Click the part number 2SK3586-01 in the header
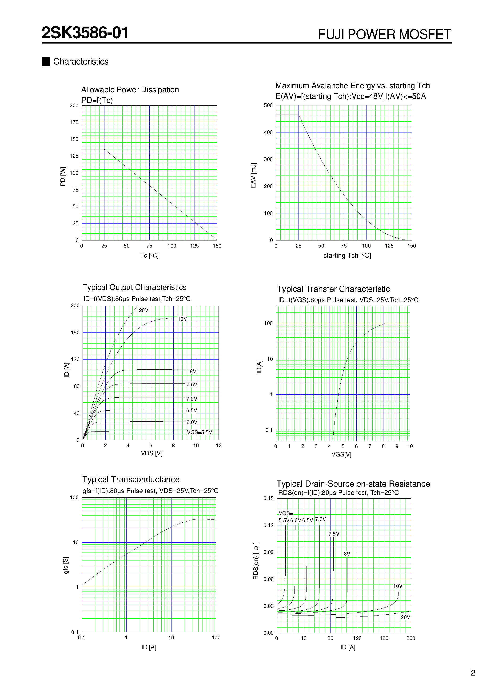tap(85, 33)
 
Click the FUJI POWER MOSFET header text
tap(384, 34)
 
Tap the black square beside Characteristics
tap(46, 61)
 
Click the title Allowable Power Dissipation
tap(130, 90)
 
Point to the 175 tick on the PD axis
tap(74, 122)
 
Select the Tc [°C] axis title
tap(149, 255)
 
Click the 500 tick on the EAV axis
tap(268, 105)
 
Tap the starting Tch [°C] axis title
tap(347, 256)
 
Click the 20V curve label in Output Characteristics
tap(143, 310)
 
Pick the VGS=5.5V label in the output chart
tap(199, 432)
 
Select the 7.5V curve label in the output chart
tap(192, 385)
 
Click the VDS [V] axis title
tap(152, 453)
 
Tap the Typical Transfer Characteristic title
tap(333, 289)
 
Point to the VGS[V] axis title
tap(341, 454)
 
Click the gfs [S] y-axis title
tap(66, 565)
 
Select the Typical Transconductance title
tap(131, 480)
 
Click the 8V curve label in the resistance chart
tap(347, 554)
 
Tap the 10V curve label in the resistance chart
tap(398, 586)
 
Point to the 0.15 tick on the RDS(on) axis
tap(268, 498)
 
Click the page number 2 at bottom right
tap(473, 673)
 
